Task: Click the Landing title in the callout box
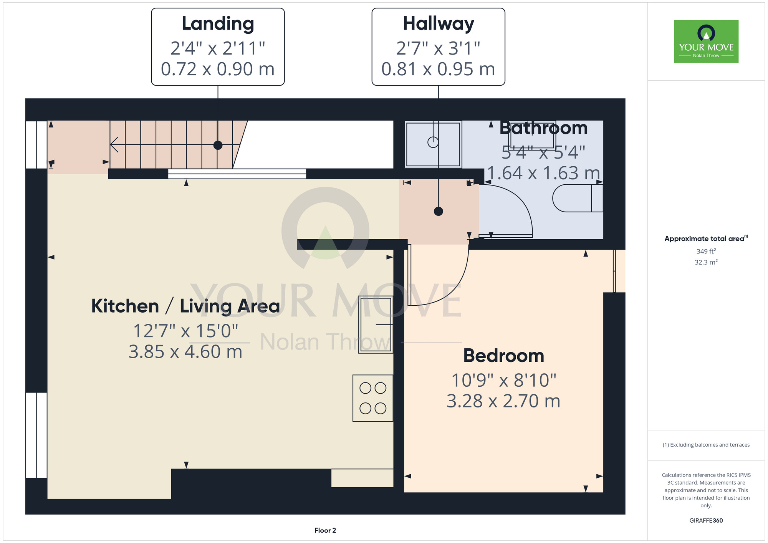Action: (218, 24)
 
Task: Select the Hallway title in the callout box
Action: (439, 24)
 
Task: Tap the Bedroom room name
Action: (503, 356)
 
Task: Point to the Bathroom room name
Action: (543, 128)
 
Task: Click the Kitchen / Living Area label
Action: (185, 306)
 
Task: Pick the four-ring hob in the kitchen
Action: (373, 398)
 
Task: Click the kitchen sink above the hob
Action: (376, 324)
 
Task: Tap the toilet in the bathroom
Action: (578, 198)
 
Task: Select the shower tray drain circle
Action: (433, 142)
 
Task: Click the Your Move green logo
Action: (706, 41)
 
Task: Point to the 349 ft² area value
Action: (706, 251)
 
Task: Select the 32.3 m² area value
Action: (706, 262)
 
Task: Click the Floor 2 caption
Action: (325, 530)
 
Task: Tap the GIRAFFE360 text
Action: (706, 521)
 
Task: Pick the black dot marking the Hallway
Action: (439, 211)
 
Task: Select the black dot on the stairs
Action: (218, 145)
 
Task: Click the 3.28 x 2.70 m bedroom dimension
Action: (503, 401)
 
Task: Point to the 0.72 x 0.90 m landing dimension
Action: (218, 70)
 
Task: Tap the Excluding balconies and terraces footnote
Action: (706, 445)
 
